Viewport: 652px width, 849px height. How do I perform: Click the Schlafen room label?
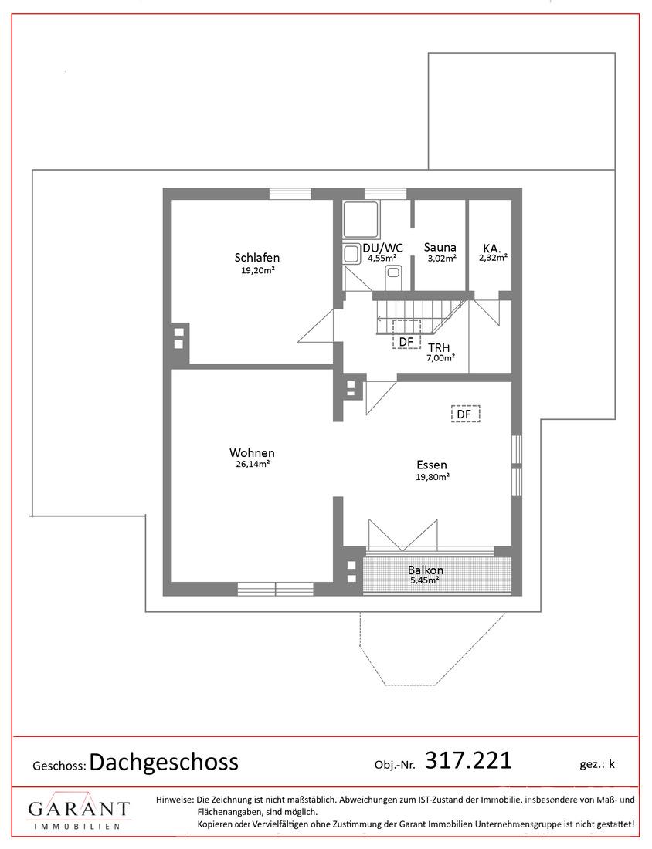click(x=257, y=257)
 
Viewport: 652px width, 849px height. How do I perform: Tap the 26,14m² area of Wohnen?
click(x=253, y=464)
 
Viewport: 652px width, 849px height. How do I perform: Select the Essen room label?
click(x=431, y=465)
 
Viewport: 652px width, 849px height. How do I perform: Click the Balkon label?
click(x=426, y=570)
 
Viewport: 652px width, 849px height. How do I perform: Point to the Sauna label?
click(x=440, y=248)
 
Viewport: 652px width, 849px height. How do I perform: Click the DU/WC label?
click(x=382, y=248)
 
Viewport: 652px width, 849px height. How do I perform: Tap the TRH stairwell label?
click(x=439, y=347)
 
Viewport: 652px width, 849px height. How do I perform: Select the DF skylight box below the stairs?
click(x=406, y=334)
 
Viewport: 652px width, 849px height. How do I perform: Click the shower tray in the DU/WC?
click(x=362, y=219)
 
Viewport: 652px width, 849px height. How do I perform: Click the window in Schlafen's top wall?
click(x=290, y=194)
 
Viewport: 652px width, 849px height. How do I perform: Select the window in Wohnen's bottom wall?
click(x=275, y=589)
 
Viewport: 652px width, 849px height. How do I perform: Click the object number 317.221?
click(x=468, y=760)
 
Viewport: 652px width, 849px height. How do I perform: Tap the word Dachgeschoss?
click(x=164, y=762)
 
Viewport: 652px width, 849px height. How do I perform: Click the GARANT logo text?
click(x=79, y=810)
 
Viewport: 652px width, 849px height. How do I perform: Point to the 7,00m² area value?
click(x=440, y=357)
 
